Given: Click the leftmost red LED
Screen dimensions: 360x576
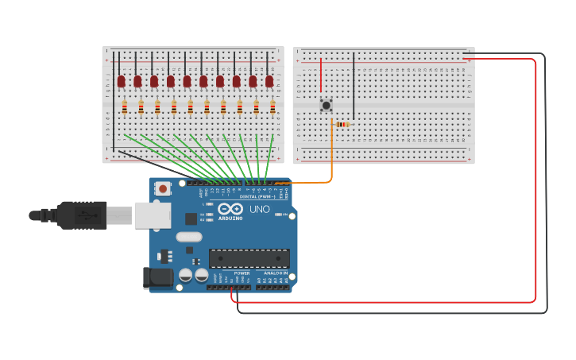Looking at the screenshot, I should click(x=121, y=81).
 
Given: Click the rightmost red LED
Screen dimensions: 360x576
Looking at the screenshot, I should click(x=269, y=81).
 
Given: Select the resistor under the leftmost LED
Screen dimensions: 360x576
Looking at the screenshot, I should click(x=124, y=107).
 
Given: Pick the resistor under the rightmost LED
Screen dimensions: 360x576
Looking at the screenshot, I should click(x=273, y=107).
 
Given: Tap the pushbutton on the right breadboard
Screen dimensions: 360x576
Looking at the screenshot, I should click(x=326, y=105).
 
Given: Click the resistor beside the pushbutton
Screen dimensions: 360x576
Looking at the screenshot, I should click(x=342, y=124).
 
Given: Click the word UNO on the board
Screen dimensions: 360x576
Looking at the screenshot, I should click(x=260, y=210).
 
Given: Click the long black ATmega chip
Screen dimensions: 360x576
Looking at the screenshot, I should click(x=249, y=258).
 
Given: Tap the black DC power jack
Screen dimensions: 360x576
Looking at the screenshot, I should click(x=157, y=277).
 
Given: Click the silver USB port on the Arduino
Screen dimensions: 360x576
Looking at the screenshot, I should click(x=152, y=215).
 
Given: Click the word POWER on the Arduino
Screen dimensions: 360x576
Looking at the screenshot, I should click(x=242, y=273).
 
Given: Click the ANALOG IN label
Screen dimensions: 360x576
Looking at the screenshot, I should click(x=276, y=273).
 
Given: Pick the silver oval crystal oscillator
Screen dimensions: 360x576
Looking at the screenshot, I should click(x=189, y=236).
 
